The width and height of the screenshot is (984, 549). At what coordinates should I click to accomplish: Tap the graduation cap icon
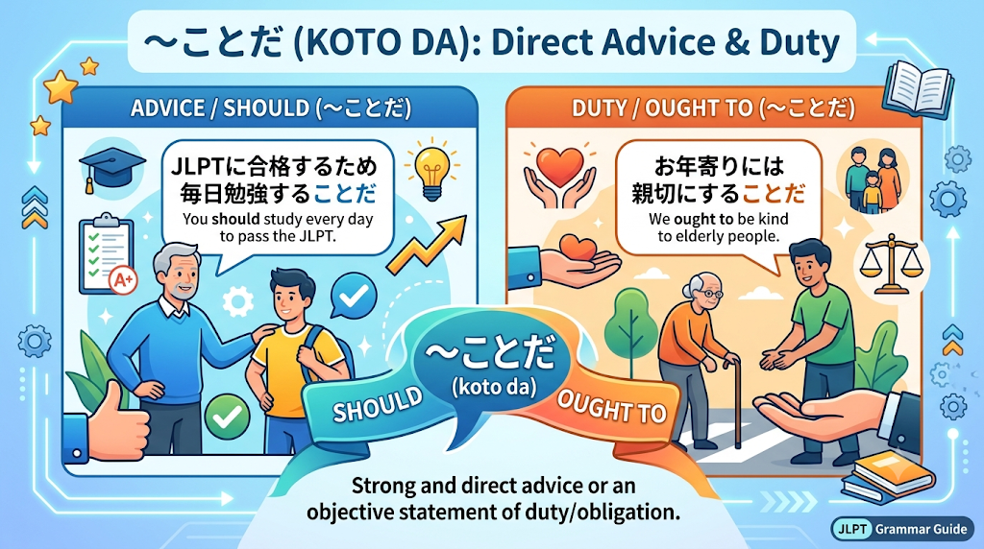pyautogui.click(x=111, y=167)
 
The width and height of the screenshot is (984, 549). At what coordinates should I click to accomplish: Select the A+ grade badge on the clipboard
pyautogui.click(x=123, y=280)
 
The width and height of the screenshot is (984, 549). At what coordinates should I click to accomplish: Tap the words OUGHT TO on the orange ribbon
pyautogui.click(x=611, y=407)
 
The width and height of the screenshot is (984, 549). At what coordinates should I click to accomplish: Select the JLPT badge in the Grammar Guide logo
pyautogui.click(x=852, y=529)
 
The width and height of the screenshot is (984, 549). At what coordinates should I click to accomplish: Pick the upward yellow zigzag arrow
pyautogui.click(x=428, y=245)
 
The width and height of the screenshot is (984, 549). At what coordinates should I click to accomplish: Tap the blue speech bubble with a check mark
pyautogui.click(x=354, y=297)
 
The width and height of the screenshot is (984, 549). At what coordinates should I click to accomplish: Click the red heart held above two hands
pyautogui.click(x=560, y=163)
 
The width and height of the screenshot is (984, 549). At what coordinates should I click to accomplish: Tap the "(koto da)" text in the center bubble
pyautogui.click(x=494, y=387)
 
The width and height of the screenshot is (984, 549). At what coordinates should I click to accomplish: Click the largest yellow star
pyautogui.click(x=61, y=87)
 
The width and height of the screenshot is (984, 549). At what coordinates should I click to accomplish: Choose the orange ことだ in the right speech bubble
pyautogui.click(x=774, y=194)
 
